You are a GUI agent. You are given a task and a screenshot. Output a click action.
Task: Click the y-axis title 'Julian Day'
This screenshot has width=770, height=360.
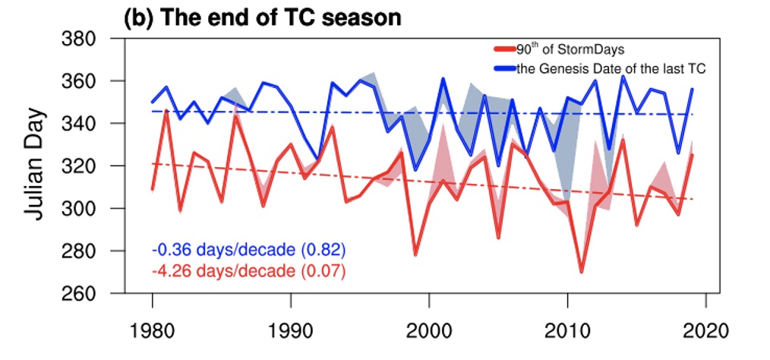pos(35,165)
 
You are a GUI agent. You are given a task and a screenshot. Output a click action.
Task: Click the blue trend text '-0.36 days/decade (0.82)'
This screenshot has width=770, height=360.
pos(249,249)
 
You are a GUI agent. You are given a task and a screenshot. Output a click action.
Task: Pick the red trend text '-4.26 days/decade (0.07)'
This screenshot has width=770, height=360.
pos(249,270)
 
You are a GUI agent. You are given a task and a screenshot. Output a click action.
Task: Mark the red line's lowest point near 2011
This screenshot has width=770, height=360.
pos(582,272)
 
